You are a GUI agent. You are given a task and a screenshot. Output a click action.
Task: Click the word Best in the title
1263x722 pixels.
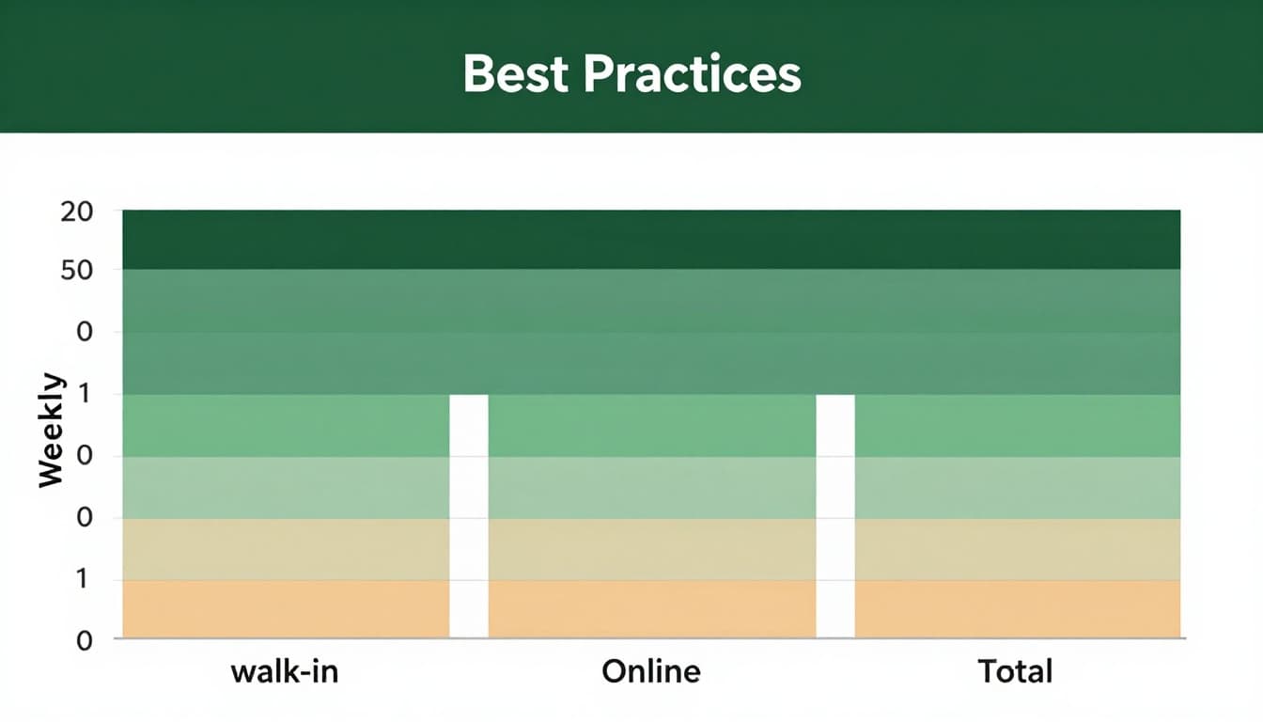pos(515,74)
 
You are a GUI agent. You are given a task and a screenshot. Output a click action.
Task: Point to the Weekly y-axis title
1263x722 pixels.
pos(52,431)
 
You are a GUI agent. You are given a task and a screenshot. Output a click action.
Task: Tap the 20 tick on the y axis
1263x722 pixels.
pos(76,212)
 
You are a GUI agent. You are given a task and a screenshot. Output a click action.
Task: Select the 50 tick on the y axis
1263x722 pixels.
pos(76,272)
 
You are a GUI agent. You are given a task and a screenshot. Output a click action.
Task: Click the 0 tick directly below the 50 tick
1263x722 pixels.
pos(85,333)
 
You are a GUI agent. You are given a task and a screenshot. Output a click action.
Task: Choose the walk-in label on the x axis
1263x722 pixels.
pos(286,671)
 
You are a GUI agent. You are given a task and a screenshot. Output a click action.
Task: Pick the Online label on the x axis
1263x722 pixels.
pos(651,671)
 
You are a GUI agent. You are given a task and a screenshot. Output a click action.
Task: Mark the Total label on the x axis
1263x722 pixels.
pos(1015,671)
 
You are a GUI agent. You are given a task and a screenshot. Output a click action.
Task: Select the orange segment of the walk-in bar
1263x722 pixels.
pos(286,608)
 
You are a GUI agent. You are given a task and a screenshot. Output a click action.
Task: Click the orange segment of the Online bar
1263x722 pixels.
pos(651,608)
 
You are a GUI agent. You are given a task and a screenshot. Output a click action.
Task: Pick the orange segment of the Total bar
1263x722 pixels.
pos(1017,608)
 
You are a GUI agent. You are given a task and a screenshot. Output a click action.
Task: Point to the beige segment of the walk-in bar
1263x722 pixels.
pos(286,549)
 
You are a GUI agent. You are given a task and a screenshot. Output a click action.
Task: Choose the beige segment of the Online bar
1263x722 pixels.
pos(651,549)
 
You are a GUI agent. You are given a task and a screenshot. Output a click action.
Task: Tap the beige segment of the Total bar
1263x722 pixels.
pos(1017,549)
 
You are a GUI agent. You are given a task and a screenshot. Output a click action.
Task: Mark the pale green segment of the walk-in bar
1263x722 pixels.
pos(286,487)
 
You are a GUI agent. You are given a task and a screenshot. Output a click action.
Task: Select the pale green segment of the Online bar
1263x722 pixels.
pos(651,487)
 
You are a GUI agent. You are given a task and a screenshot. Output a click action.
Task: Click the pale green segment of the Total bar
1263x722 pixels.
pos(1017,487)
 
